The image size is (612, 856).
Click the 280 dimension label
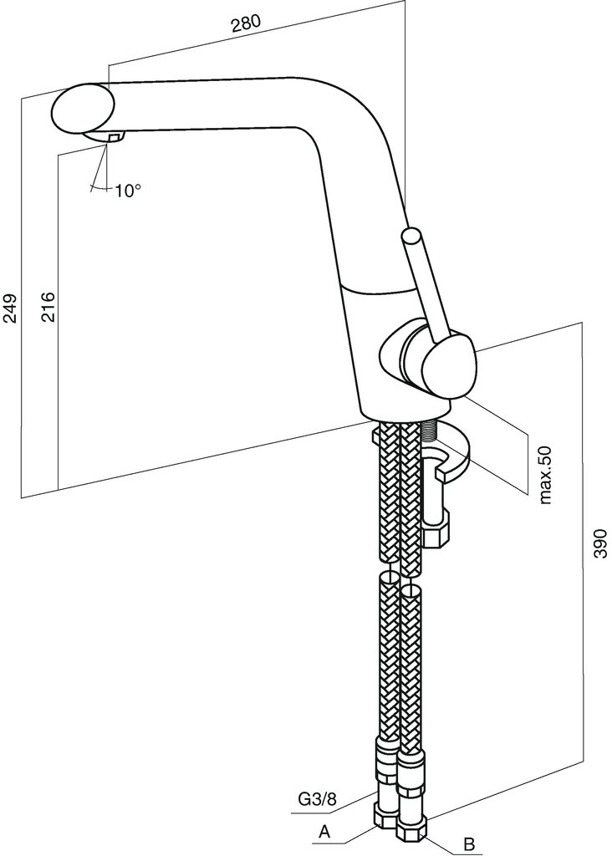(246, 24)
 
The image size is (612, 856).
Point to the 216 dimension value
(48, 308)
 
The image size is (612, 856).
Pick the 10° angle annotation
(128, 191)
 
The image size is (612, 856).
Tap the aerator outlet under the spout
(113, 136)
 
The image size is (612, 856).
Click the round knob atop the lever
(413, 237)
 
